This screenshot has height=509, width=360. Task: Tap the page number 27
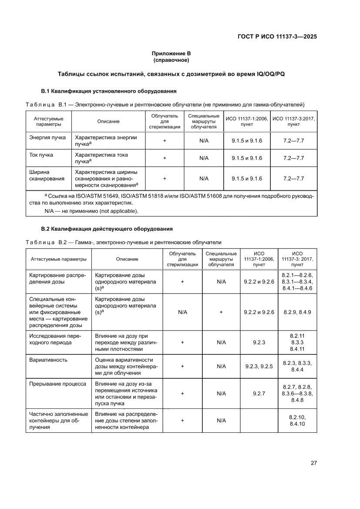pyautogui.click(x=313, y=462)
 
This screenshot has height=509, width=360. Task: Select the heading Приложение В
pyautogui.click(x=171, y=53)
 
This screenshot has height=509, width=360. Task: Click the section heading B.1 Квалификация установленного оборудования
pyautogui.click(x=108, y=91)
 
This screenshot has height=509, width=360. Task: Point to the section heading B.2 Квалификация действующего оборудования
pyautogui.click(x=107, y=229)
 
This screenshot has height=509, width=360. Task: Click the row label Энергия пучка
pyautogui.click(x=47, y=138)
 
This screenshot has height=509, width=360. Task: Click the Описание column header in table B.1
pyautogui.click(x=108, y=121)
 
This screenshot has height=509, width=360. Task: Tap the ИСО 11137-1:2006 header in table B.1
pyautogui.click(x=246, y=121)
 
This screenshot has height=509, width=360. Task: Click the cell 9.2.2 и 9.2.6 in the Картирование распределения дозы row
pyautogui.click(x=259, y=282)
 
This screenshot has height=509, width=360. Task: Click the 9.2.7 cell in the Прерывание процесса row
pyautogui.click(x=259, y=393)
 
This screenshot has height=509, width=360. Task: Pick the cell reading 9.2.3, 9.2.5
pyautogui.click(x=259, y=366)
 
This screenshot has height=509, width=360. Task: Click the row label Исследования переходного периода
pyautogui.click(x=53, y=339)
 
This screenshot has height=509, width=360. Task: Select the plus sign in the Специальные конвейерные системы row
pyautogui.click(x=221, y=312)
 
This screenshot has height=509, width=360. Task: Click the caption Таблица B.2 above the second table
pyautogui.click(x=45, y=242)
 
